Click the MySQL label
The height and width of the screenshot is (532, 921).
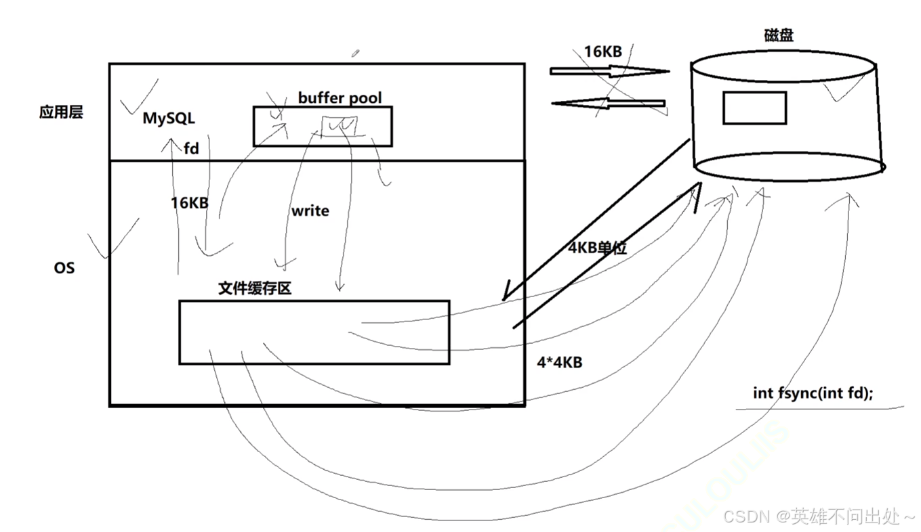[169, 118]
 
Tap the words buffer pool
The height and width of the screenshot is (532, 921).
[340, 97]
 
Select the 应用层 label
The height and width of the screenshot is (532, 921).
[61, 112]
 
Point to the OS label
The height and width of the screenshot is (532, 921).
[64, 268]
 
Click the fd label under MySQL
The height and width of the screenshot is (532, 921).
[192, 148]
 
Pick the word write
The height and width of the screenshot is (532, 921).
[310, 210]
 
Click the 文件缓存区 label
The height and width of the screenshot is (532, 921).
[255, 288]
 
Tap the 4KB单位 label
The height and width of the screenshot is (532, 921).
[597, 248]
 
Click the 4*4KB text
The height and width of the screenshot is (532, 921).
[559, 362]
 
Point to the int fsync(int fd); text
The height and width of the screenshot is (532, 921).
[813, 393]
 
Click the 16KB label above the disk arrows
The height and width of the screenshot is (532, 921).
[602, 51]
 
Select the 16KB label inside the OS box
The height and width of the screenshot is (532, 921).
[189, 202]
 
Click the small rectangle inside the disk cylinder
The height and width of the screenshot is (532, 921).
[754, 108]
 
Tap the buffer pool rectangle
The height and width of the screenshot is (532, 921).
[323, 126]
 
